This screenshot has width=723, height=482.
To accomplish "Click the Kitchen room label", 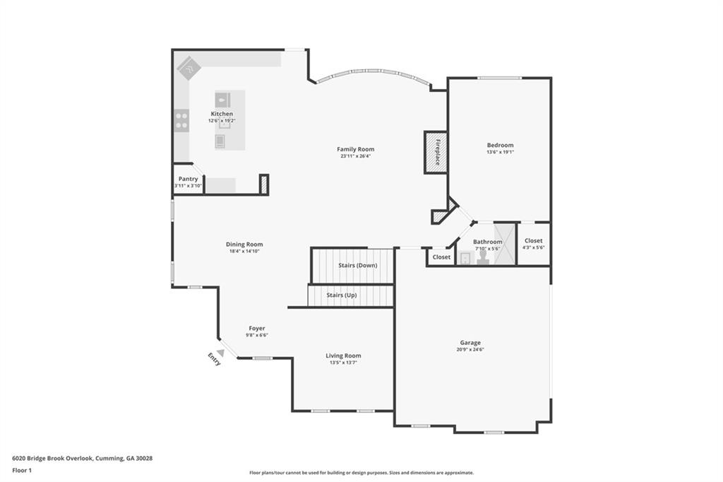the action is [222, 114].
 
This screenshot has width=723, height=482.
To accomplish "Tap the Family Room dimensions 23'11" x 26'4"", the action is [356, 156].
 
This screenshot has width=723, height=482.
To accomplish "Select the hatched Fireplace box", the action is [436, 153].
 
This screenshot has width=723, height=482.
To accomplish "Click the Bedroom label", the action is [501, 145].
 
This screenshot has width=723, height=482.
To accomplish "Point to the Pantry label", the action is [188, 179].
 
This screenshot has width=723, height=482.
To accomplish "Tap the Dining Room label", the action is [244, 245].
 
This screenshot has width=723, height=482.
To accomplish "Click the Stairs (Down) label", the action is [358, 266].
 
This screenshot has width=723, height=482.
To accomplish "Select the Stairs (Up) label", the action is [342, 295].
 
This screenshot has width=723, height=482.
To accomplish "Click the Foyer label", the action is [257, 328].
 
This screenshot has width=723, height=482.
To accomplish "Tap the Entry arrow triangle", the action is [221, 353].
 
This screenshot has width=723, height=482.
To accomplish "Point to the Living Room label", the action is [344, 355].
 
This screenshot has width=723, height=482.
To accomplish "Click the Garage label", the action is [470, 343].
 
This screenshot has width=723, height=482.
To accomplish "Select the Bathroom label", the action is [488, 242].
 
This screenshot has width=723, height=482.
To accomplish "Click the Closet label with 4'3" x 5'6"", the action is [534, 240].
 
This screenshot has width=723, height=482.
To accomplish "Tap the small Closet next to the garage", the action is [442, 257].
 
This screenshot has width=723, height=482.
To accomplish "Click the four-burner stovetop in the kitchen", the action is [181, 120].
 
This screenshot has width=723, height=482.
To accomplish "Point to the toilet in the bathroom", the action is [483, 257].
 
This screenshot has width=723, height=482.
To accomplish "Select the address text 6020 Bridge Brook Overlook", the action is [53, 459].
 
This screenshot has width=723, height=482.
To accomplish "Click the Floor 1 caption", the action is [22, 471].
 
